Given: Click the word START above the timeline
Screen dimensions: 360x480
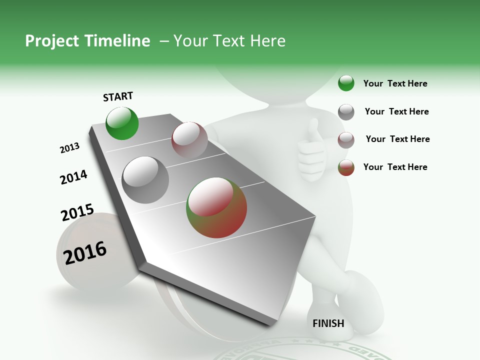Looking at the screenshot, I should [x=118, y=96].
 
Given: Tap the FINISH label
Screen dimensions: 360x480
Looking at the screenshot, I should [x=328, y=323].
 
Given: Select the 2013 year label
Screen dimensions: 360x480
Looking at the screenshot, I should [x=69, y=148].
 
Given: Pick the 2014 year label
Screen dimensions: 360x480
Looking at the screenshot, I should [x=73, y=177].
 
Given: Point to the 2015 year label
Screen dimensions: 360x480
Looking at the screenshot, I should [x=77, y=212].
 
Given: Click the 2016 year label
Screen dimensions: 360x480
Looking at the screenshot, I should [x=85, y=252].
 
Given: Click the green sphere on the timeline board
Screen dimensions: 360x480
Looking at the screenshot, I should [x=122, y=123].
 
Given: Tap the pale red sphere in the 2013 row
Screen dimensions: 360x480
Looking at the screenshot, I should [x=189, y=139].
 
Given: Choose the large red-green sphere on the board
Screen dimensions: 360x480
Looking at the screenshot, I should [x=216, y=207].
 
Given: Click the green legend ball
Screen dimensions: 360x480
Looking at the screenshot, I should [x=346, y=83].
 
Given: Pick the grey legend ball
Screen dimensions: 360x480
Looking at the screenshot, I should [x=346, y=112].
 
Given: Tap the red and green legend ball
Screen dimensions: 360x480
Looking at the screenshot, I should [x=346, y=167].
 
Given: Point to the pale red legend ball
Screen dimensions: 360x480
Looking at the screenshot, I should [x=346, y=140].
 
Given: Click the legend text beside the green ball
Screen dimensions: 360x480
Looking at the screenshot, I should [x=395, y=83].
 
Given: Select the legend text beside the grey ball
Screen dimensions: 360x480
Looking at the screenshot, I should [x=396, y=111].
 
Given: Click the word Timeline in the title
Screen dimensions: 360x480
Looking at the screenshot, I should [x=117, y=41].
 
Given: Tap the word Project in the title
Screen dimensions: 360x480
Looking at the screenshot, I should [x=52, y=41].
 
